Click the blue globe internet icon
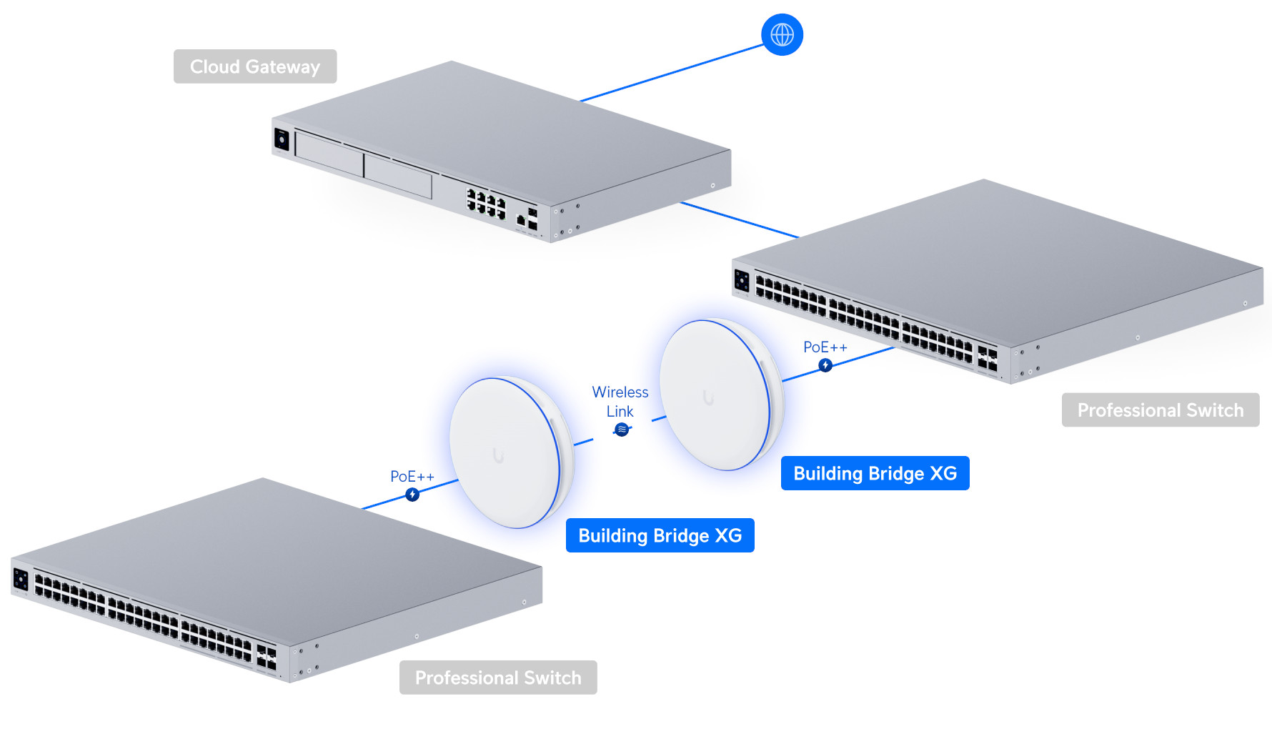782,34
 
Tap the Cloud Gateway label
255,66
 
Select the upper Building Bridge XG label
875,473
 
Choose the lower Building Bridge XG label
660,535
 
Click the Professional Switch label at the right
1161,410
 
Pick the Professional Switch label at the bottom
498,678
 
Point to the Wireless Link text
620,402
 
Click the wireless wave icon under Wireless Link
622,430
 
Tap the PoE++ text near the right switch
825,347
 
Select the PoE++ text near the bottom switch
412,477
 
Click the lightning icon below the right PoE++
825,365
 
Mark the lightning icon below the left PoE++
412,495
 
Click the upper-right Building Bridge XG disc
720,395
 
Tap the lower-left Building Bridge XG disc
511,453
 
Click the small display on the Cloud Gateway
282,139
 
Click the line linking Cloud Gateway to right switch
740,219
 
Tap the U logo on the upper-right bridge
708,397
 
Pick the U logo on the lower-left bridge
498,455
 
